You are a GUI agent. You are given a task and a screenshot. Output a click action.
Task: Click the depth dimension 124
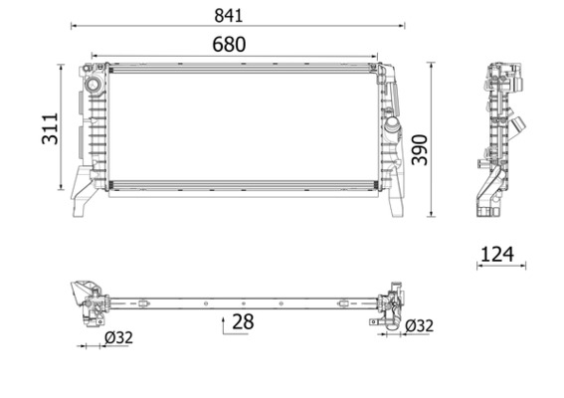(x=496, y=254)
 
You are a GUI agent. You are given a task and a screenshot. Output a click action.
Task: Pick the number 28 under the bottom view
(x=243, y=322)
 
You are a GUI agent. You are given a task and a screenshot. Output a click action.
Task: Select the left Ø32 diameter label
(x=118, y=338)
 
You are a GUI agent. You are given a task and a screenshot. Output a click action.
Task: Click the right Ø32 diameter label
(x=418, y=325)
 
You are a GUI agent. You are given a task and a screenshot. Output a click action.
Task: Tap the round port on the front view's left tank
(x=94, y=86)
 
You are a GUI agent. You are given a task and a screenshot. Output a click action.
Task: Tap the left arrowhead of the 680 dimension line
(x=91, y=56)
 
